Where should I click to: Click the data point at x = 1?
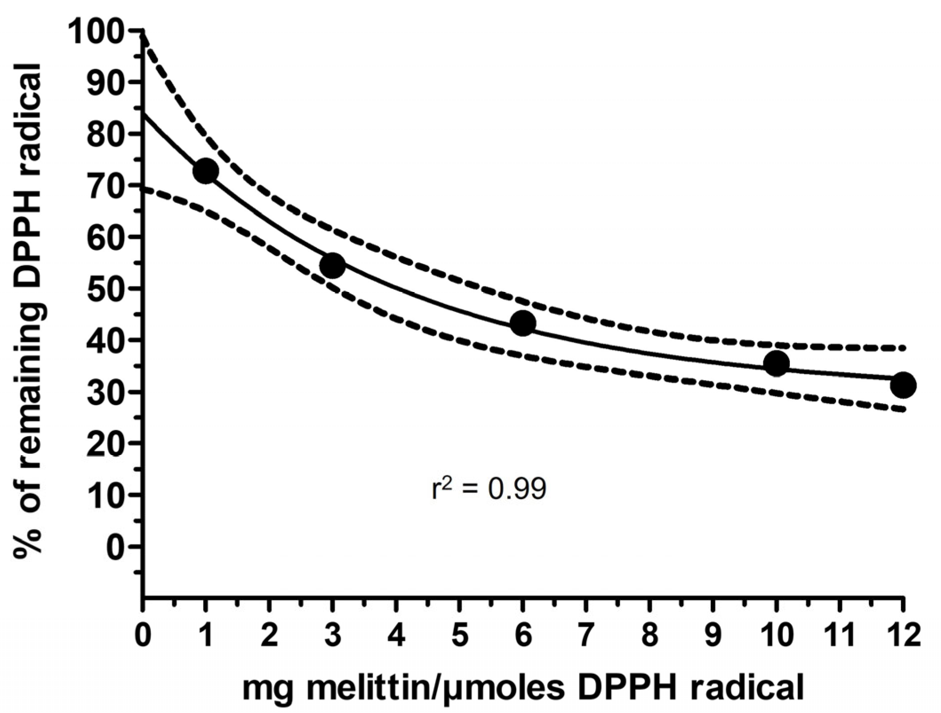(x=206, y=171)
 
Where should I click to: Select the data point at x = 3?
(x=332, y=265)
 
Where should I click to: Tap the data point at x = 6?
(x=523, y=323)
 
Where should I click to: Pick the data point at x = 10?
(x=776, y=363)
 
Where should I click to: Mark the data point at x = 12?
(x=903, y=385)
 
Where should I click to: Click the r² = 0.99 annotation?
(x=489, y=489)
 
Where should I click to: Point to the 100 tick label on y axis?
(x=103, y=32)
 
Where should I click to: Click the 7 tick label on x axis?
(x=586, y=635)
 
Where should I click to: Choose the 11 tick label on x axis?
(x=840, y=635)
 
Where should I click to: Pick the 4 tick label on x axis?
(x=396, y=635)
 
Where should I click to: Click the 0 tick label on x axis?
(x=143, y=635)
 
